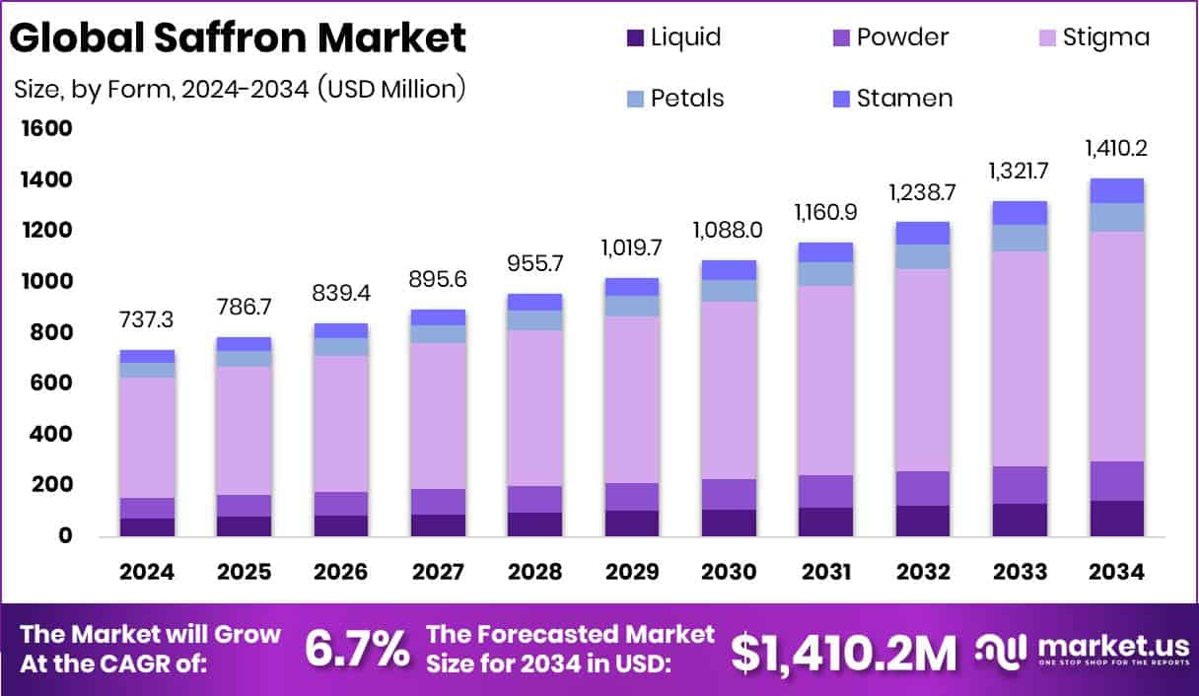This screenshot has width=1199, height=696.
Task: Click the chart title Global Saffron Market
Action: (x=238, y=37)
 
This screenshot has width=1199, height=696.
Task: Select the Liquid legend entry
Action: (x=674, y=37)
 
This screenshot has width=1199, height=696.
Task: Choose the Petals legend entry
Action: (x=675, y=99)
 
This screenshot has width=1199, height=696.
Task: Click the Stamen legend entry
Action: (x=892, y=99)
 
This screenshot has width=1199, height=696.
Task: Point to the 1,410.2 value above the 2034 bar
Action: (x=1116, y=150)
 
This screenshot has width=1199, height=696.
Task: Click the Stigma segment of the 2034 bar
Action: (x=1116, y=345)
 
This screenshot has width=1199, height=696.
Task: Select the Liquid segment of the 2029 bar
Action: (x=632, y=522)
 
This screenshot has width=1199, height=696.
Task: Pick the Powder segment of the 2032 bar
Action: (x=923, y=488)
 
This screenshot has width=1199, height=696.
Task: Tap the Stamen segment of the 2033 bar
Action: (x=1020, y=213)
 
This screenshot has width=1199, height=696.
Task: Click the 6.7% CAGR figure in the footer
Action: (x=357, y=649)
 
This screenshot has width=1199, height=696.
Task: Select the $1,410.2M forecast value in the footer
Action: (x=844, y=651)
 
